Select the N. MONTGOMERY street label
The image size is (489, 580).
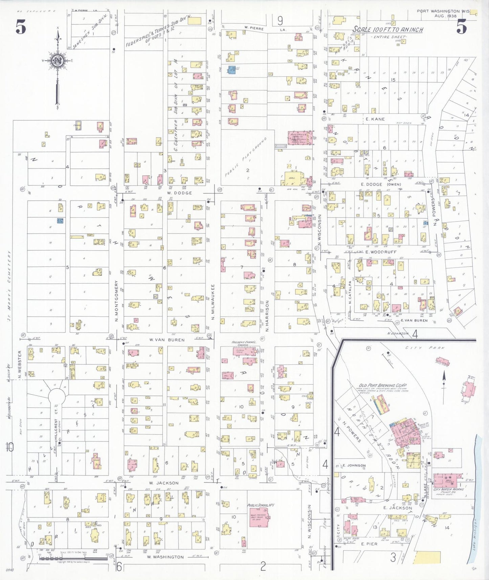(116, 301)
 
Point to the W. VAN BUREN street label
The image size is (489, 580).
(167, 340)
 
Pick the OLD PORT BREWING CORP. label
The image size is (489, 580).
(383, 385)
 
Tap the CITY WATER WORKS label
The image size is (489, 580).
(449, 489)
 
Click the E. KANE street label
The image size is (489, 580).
(375, 119)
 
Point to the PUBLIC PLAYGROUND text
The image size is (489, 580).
(246, 157)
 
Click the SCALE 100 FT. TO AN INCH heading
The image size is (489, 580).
(388, 30)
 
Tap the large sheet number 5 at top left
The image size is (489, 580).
(21, 27)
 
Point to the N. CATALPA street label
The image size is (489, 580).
(350, 293)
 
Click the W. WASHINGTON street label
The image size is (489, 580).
(165, 557)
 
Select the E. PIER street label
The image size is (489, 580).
(369, 544)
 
